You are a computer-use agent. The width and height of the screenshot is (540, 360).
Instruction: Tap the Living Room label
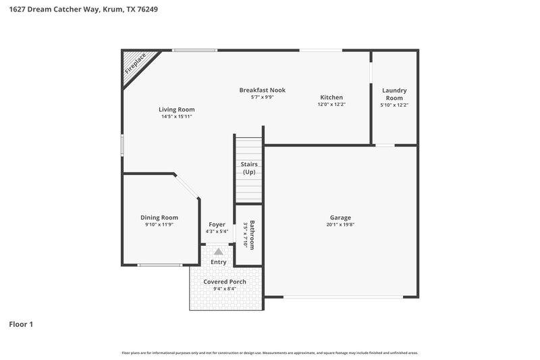177,109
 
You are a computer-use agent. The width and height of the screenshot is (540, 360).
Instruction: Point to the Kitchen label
331,97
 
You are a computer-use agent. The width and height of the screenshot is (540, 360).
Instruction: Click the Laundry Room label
394,94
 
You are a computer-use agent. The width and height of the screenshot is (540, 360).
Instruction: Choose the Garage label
340,217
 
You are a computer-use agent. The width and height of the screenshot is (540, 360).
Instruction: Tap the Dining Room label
159,217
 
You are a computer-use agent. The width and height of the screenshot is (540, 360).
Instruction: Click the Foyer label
217,224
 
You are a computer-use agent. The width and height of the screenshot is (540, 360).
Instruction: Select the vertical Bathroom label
252,234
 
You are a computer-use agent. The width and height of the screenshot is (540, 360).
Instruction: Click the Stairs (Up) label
249,168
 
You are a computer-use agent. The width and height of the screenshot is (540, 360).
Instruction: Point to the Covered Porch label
225,282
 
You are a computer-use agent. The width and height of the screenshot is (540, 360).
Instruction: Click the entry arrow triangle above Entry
218,251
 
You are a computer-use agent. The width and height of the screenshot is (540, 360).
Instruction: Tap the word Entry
218,262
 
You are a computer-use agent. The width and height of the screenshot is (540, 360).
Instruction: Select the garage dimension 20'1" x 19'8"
340,225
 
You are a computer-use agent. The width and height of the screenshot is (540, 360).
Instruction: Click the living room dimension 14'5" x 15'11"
177,117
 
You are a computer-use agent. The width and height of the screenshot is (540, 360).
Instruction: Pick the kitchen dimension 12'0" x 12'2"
331,105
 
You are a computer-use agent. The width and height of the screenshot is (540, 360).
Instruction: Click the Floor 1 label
21,324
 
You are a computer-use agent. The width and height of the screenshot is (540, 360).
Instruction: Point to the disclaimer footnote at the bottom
269,353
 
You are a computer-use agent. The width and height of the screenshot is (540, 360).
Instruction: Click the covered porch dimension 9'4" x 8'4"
225,289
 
